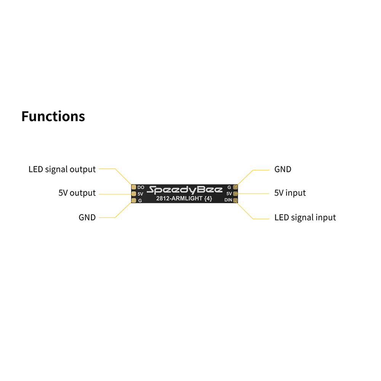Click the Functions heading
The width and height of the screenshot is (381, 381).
[x=53, y=116]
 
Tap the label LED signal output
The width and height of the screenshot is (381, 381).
[x=62, y=169]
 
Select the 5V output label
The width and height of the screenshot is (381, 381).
[x=77, y=193]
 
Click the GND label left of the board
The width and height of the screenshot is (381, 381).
[x=87, y=218]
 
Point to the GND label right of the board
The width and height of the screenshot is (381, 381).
[x=283, y=169]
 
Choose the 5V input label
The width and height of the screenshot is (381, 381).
[x=290, y=193]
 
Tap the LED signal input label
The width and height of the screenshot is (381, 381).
[x=305, y=218]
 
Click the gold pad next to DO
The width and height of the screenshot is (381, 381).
[x=134, y=187]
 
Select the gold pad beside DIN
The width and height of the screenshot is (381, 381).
[x=235, y=200]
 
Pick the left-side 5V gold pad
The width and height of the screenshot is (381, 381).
[x=134, y=194]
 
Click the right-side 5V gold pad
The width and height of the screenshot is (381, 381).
[x=235, y=194]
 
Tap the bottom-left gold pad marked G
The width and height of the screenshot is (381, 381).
[x=134, y=200]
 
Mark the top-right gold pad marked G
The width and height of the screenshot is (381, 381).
[x=235, y=187]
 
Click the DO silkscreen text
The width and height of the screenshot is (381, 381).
[x=141, y=187]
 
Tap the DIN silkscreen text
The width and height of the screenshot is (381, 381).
[x=228, y=200]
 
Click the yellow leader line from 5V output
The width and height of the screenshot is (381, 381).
[x=114, y=194]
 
